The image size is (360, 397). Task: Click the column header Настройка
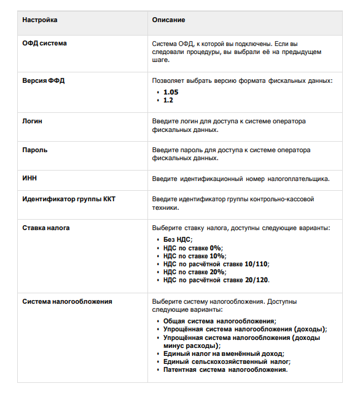click(40, 20)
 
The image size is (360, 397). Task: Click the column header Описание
click(168, 20)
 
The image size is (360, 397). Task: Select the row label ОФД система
click(45, 44)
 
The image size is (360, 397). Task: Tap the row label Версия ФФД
click(44, 80)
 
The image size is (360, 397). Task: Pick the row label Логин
click(33, 121)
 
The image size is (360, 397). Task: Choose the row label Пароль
click(35, 150)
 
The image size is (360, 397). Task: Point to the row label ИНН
click(30, 179)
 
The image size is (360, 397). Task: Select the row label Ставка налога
click(46, 228)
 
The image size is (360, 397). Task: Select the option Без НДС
click(178, 239)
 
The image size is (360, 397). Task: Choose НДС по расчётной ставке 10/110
click(216, 263)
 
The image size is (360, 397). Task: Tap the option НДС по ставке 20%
click(195, 271)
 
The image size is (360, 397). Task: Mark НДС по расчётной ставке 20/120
click(216, 279)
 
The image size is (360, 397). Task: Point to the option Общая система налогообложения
click(219, 321)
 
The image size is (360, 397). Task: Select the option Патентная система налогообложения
click(225, 369)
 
